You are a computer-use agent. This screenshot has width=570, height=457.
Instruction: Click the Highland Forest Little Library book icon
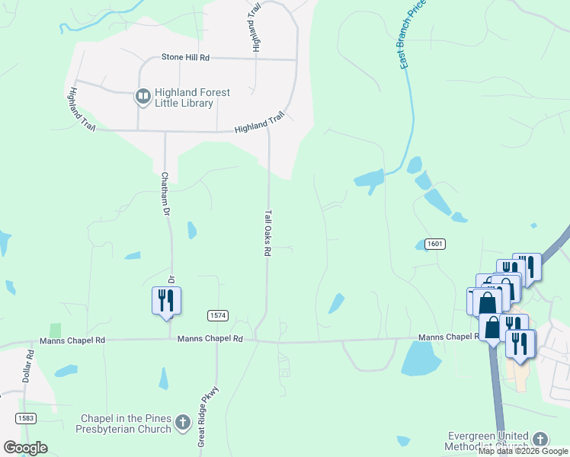[142, 97]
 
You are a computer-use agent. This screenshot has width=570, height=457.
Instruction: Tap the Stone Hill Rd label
[185, 57]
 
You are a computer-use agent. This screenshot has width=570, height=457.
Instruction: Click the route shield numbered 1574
[217, 315]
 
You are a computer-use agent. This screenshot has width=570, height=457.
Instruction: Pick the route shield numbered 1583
[25, 418]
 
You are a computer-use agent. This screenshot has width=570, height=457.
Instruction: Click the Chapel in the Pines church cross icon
[182, 422]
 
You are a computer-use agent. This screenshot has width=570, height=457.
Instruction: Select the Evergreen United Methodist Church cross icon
[540, 439]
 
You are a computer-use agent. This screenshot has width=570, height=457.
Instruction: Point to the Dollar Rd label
[30, 365]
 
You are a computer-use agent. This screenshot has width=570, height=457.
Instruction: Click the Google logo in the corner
[25, 448]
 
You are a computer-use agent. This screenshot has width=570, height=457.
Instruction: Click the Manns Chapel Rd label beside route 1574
[210, 338]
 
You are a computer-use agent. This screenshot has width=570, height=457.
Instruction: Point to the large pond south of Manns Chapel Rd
[421, 358]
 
